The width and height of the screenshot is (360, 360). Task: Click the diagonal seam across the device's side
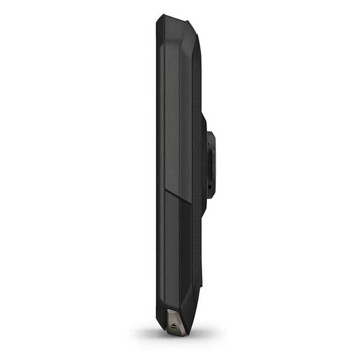(x=178, y=198)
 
